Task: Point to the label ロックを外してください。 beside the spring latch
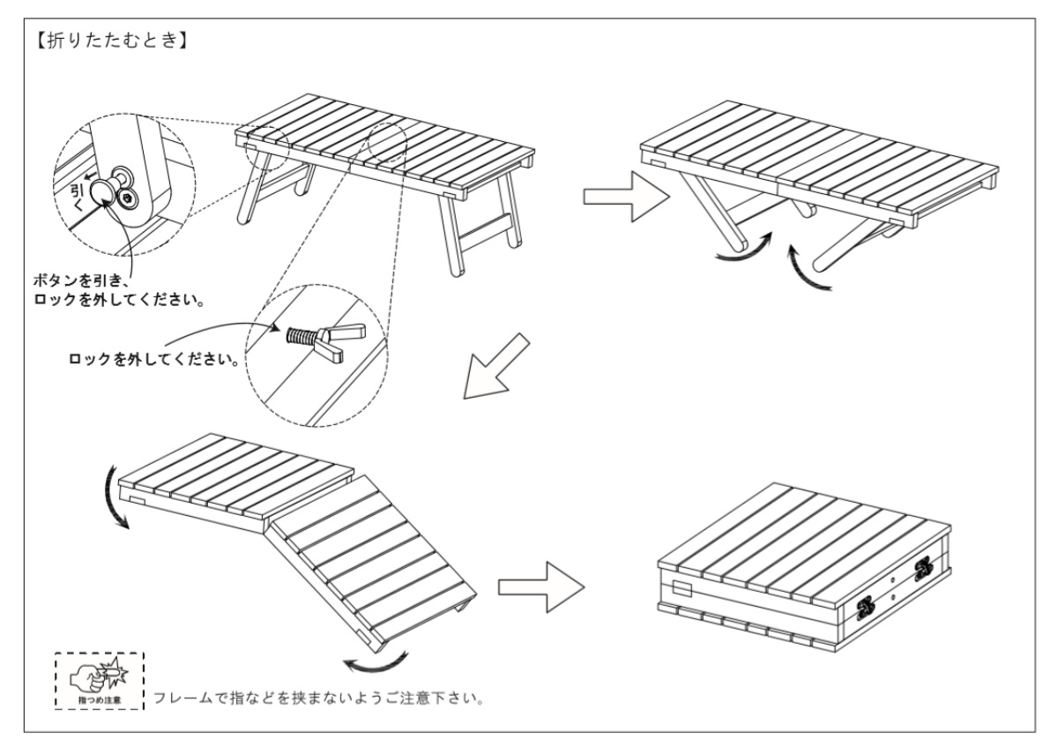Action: click(x=155, y=361)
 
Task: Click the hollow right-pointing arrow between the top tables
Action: click(x=623, y=198)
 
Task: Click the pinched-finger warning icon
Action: click(x=99, y=680)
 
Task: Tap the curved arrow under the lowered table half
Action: click(x=376, y=659)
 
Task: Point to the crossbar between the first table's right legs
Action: click(x=482, y=236)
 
